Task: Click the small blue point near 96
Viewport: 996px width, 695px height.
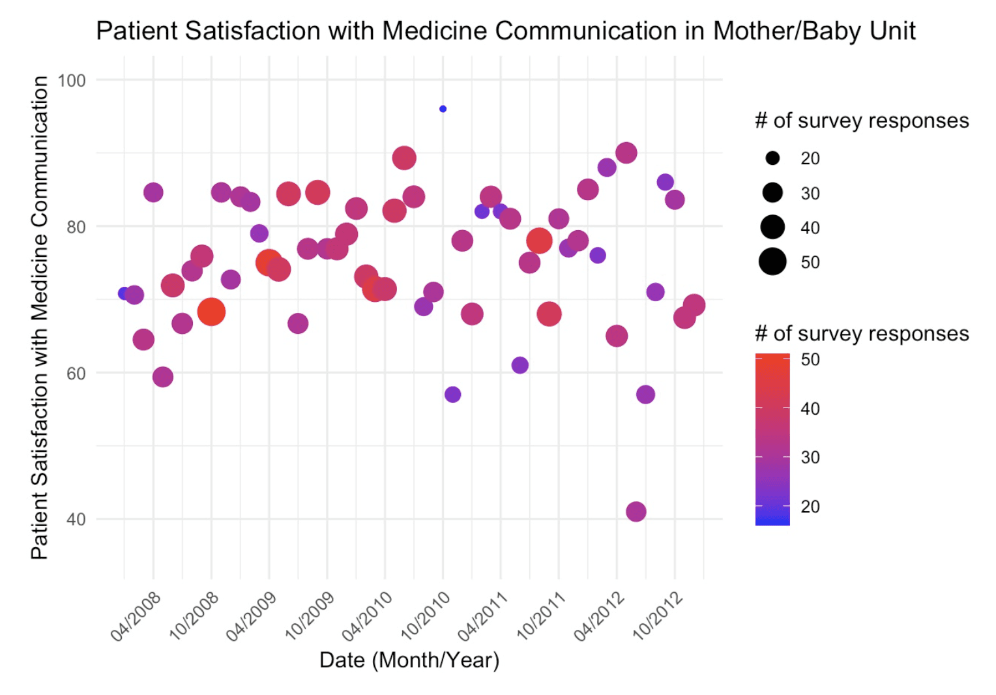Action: [x=443, y=109]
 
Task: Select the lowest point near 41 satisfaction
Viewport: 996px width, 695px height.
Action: [x=636, y=512]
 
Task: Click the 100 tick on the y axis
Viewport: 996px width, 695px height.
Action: [x=72, y=81]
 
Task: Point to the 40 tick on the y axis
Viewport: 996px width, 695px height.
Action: [x=76, y=520]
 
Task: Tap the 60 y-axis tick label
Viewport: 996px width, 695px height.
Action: [x=76, y=374]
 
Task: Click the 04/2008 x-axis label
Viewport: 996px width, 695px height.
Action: [x=136, y=616]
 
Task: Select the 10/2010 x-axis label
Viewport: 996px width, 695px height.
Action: [x=425, y=616]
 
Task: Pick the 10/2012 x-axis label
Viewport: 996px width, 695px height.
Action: [x=657, y=616]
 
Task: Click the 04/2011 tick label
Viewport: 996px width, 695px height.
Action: [x=483, y=616]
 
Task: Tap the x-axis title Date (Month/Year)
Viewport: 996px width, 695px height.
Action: [x=409, y=660]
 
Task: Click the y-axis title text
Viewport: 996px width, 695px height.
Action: [x=40, y=318]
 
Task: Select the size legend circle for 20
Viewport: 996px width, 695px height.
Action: [x=772, y=158]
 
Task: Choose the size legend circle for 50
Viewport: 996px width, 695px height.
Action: [x=772, y=262]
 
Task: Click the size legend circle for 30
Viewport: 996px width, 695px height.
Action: [x=772, y=193]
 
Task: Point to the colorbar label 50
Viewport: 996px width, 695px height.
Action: [x=810, y=359]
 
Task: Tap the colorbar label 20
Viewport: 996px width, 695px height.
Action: [x=810, y=507]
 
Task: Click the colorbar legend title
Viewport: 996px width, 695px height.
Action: [x=862, y=334]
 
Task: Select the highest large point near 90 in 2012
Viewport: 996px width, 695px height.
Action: [x=626, y=153]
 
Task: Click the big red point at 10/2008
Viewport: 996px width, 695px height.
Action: [x=211, y=312]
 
